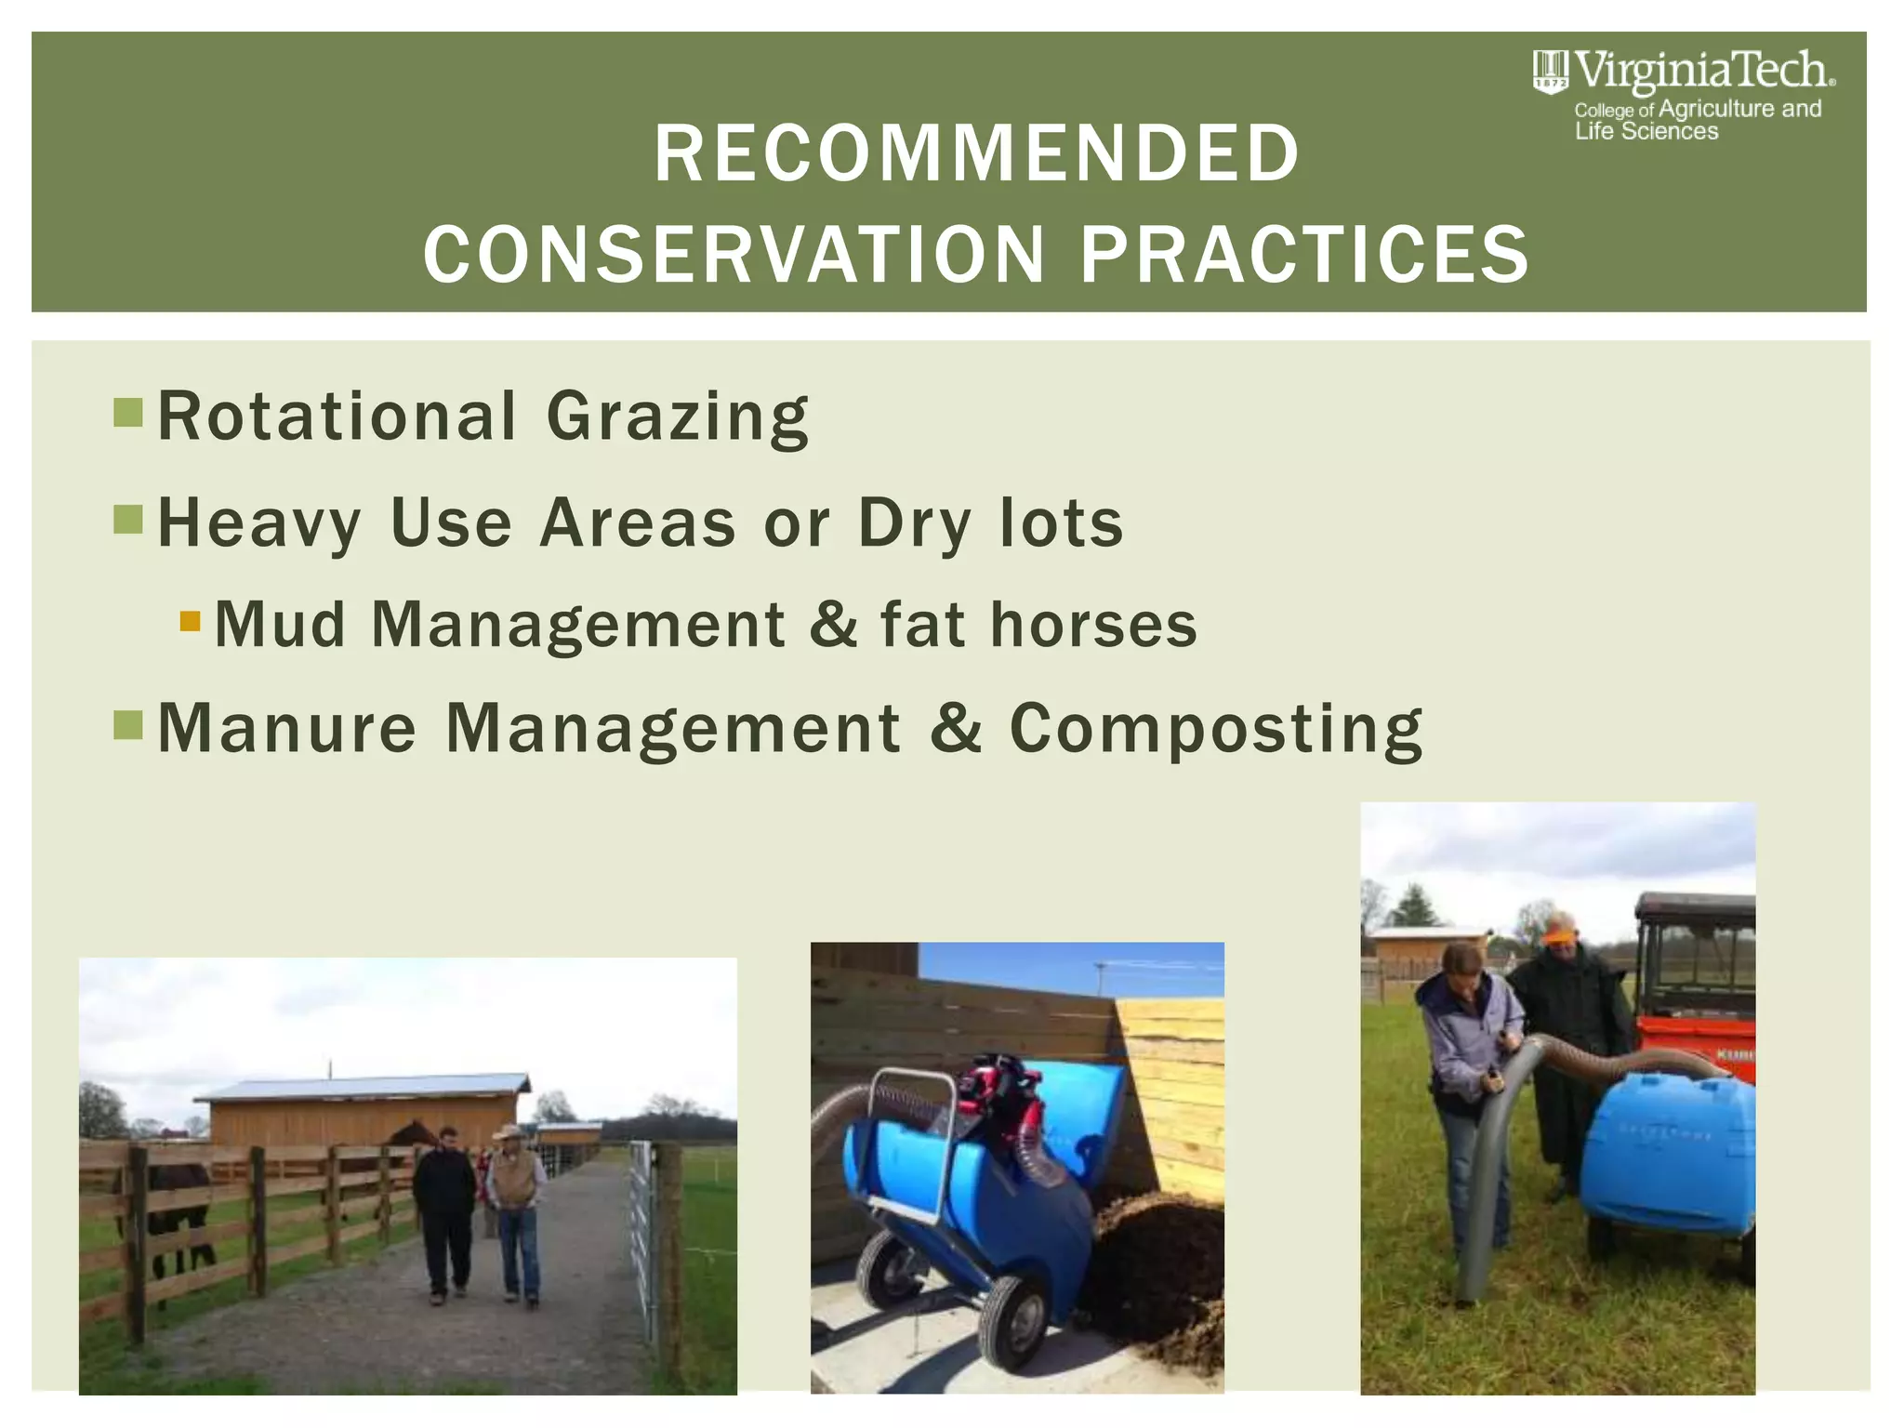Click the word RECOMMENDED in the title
point(976,153)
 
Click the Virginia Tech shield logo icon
point(1549,72)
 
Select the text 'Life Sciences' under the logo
point(1646,132)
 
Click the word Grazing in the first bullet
point(677,417)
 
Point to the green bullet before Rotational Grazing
point(128,412)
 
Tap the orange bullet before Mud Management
point(190,621)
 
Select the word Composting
point(1216,729)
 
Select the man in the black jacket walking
point(445,1209)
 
